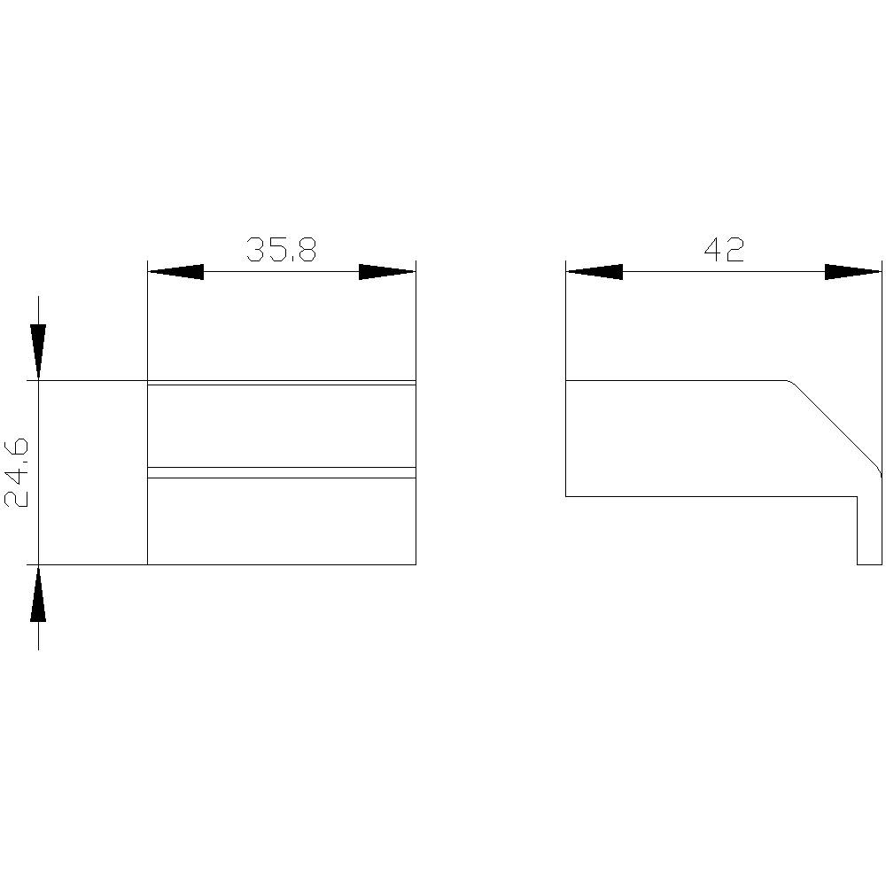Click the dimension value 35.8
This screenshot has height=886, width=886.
pos(281,251)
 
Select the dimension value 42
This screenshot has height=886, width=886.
pos(724,251)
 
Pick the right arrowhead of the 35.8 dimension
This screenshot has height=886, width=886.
pos(387,271)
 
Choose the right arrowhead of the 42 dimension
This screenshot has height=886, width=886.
pos(853,271)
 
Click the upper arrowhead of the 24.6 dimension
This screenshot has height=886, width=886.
pos(38,353)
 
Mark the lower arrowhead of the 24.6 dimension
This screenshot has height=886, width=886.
pos(38,595)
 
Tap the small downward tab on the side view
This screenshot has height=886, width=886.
pos(869,532)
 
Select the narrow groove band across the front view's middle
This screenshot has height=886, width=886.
pos(281,472)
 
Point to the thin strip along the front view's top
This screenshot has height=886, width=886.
pos(281,383)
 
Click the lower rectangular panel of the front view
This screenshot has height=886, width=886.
pos(281,521)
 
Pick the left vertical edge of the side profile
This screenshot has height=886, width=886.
pos(566,439)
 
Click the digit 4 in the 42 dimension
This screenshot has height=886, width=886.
pos(712,251)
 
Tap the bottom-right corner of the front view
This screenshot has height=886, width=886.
pos(416,564)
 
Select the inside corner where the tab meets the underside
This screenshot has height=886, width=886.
pos(857,497)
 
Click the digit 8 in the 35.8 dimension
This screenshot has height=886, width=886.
pos(305,251)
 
